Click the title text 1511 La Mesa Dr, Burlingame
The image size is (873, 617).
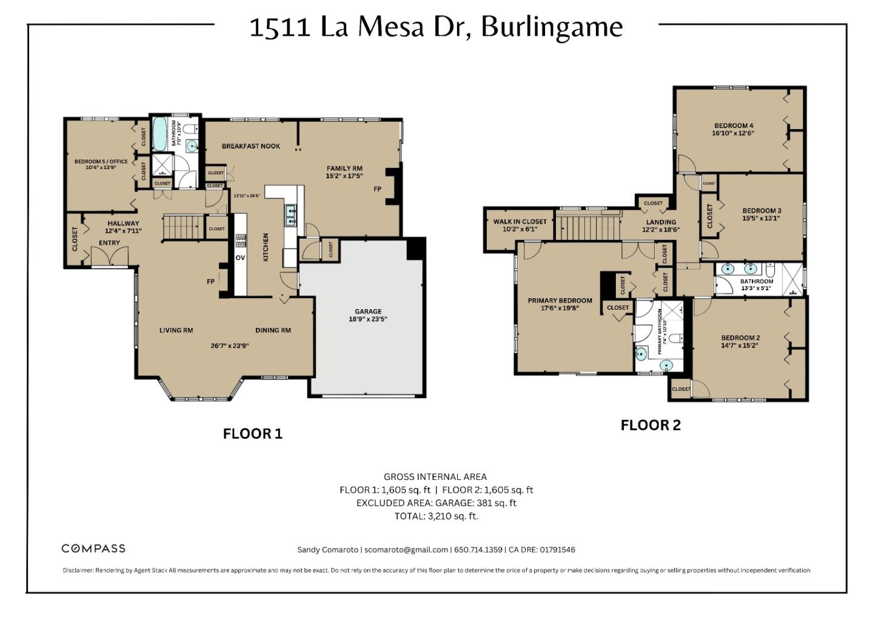(x=436, y=27)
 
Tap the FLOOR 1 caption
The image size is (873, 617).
(x=252, y=434)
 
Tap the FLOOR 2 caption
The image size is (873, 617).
(x=651, y=425)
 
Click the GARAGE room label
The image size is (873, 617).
(x=368, y=312)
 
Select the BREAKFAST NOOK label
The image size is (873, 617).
(x=250, y=146)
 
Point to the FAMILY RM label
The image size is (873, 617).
(x=344, y=168)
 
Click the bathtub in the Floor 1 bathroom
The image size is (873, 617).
(x=160, y=134)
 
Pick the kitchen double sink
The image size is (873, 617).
(x=290, y=215)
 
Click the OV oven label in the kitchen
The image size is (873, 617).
(x=240, y=258)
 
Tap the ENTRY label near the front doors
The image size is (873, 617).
(x=109, y=243)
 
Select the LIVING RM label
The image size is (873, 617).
(x=176, y=330)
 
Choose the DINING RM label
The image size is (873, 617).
(x=273, y=330)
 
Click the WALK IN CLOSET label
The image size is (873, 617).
(x=520, y=222)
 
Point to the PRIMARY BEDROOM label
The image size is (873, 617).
(x=560, y=301)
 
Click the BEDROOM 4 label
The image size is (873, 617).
(x=734, y=125)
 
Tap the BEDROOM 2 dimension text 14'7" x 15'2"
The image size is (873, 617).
(x=740, y=345)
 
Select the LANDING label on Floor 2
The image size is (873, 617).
(x=661, y=222)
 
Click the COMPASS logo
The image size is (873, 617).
(x=93, y=549)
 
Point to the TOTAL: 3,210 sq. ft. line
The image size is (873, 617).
(x=436, y=516)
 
